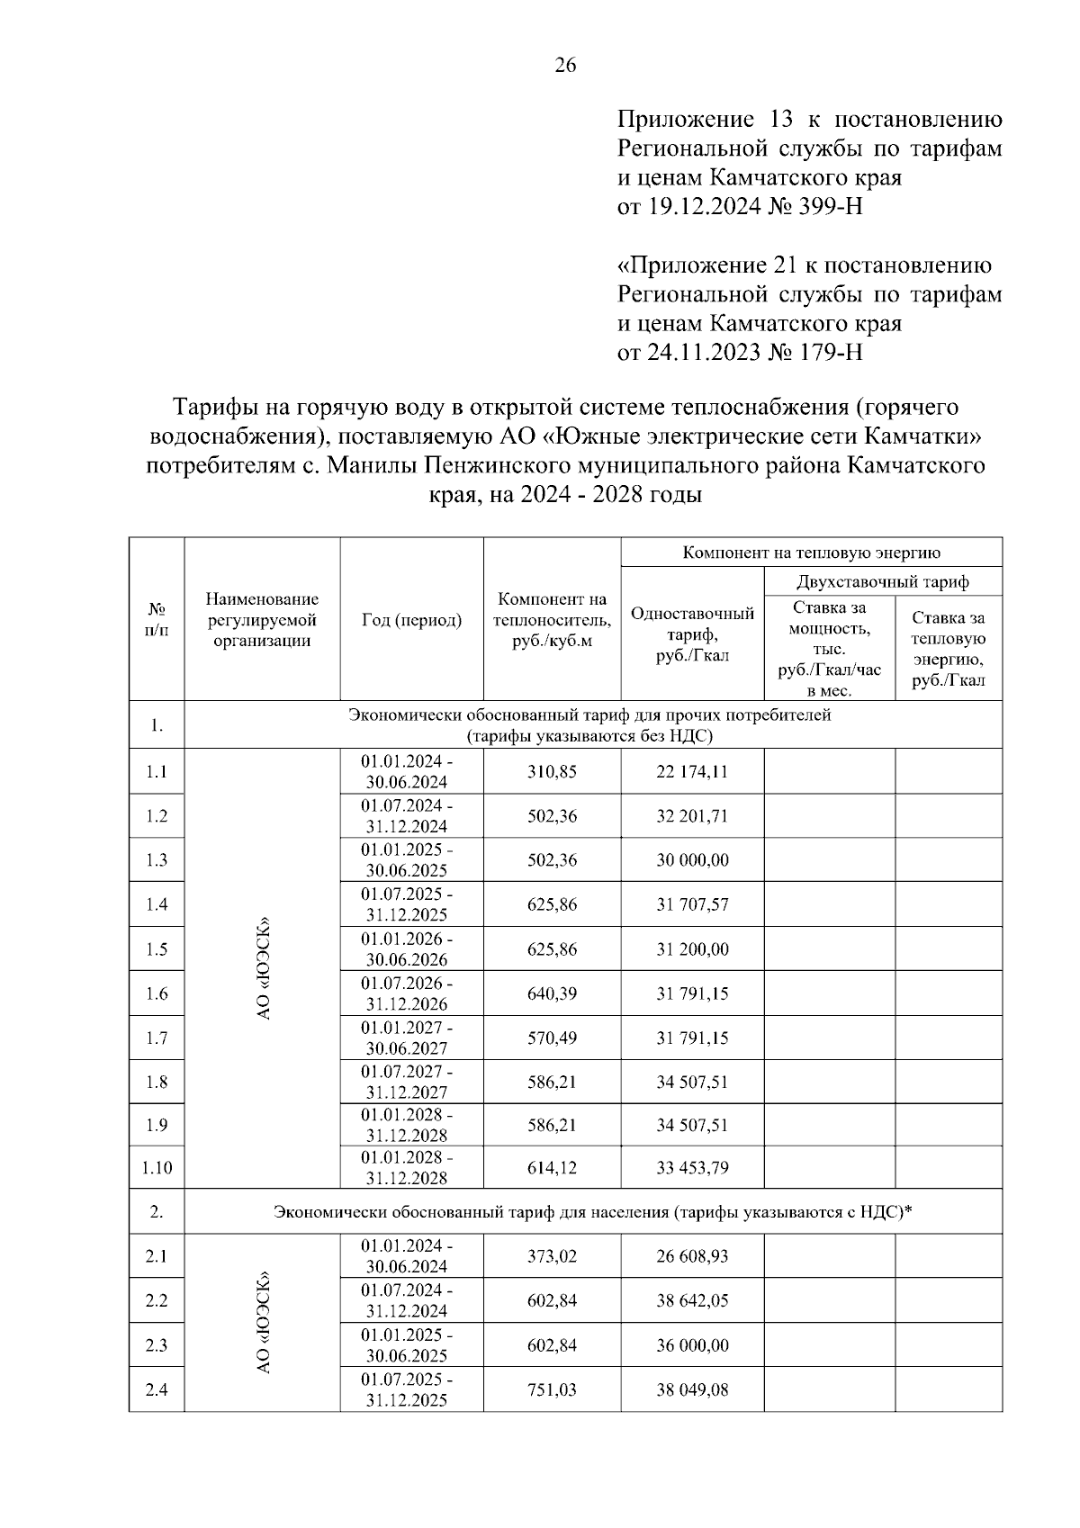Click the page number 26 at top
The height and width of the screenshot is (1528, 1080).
click(565, 65)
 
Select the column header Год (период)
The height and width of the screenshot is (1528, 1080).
click(411, 620)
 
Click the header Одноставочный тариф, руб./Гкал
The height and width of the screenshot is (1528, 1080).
click(692, 634)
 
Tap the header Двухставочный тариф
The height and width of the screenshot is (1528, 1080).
click(882, 581)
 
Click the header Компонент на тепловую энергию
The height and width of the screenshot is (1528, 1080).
click(811, 552)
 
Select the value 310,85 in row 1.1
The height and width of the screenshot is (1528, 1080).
click(552, 772)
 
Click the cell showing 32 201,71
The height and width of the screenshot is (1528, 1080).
click(692, 816)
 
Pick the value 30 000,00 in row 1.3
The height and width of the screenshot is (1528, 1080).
click(692, 860)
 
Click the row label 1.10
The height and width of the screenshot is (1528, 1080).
click(157, 1168)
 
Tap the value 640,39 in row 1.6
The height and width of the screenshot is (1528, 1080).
click(552, 993)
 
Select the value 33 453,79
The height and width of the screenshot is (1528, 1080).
click(692, 1168)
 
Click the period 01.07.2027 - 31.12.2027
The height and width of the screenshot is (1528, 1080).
click(408, 1082)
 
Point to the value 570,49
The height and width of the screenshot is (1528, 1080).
click(552, 1038)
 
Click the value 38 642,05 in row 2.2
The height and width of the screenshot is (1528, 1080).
click(692, 1300)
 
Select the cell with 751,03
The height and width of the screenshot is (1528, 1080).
click(552, 1389)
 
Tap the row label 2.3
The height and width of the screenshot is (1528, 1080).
click(157, 1345)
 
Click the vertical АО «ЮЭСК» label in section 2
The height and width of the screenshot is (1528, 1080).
click(264, 1322)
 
